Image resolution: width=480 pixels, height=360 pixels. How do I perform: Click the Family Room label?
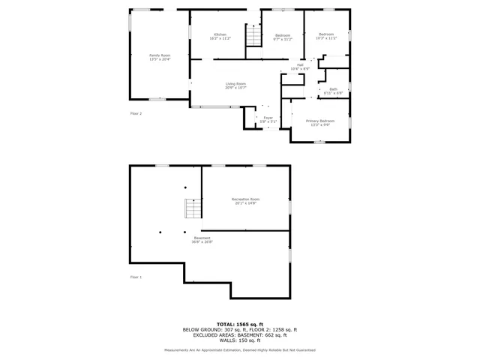[159, 56]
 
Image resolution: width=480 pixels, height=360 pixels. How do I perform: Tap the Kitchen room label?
[220, 36]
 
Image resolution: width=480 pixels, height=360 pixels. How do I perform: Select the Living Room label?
[235, 85]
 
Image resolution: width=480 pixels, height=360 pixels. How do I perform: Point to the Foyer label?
[268, 118]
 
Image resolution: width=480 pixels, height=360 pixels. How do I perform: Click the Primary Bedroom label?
[319, 122]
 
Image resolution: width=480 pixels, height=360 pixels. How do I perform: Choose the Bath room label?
[333, 91]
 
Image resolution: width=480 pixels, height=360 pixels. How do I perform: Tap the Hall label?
[299, 67]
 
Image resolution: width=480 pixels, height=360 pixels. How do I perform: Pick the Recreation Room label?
[245, 200]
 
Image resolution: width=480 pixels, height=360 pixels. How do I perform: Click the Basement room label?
[202, 239]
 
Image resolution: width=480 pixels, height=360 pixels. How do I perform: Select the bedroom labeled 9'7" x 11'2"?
[282, 36]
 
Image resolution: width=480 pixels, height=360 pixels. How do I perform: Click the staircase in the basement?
[193, 208]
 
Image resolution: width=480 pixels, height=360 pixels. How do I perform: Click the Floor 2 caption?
[136, 113]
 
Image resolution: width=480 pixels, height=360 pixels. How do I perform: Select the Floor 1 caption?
[136, 277]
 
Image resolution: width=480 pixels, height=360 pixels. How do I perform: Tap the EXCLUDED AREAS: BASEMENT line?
[240, 335]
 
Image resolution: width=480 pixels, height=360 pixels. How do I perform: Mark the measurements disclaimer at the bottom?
[240, 349]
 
